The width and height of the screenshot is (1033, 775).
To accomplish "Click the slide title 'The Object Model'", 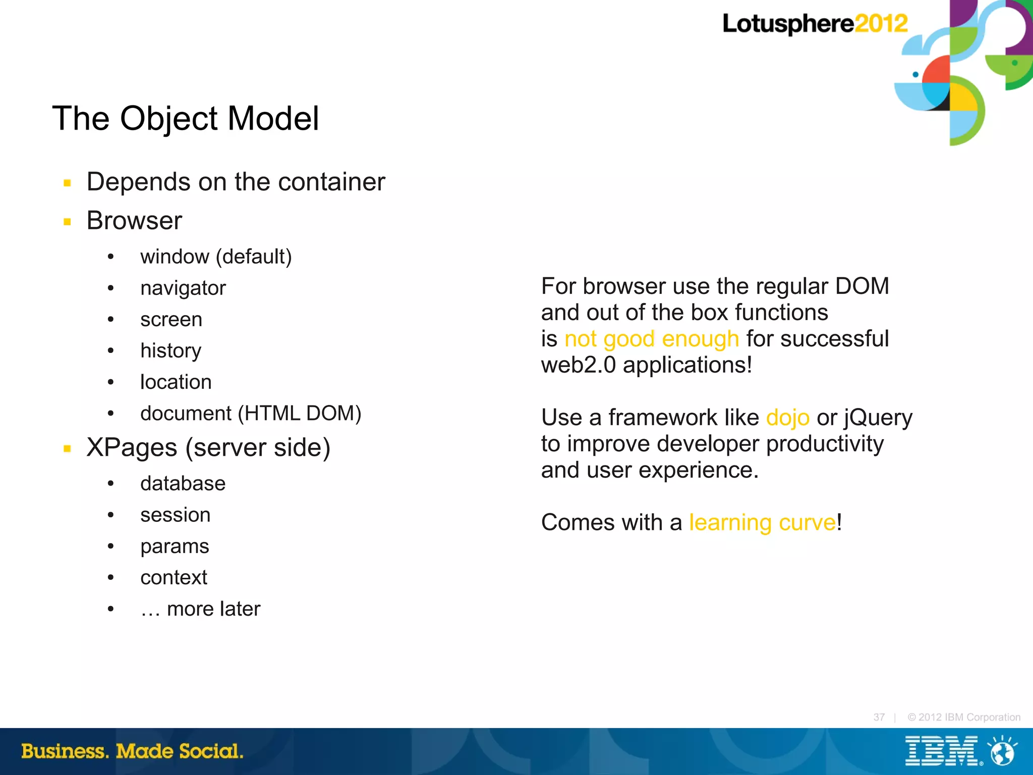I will (x=185, y=118).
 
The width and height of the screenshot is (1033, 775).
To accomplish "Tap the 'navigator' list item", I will (x=183, y=288).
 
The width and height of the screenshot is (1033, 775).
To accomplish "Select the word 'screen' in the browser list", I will (x=171, y=320).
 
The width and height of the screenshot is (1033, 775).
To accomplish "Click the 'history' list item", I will (x=170, y=351).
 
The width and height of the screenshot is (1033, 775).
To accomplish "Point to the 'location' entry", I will (x=176, y=382).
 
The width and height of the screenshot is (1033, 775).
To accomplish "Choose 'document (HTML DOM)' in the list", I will (x=251, y=413).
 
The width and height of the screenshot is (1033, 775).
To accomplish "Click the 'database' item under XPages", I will (x=183, y=484).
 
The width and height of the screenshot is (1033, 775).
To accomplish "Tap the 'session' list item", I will (x=175, y=515).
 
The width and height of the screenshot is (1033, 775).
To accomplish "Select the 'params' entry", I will (x=175, y=547).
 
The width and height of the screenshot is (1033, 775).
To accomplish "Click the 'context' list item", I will (x=174, y=578).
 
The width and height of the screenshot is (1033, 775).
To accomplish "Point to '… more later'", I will (x=200, y=609).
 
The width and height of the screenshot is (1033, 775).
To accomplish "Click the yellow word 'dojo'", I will (x=787, y=418).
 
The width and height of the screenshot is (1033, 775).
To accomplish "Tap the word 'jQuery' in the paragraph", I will (x=878, y=418).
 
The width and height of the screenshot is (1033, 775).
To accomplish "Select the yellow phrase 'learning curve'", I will (x=762, y=523).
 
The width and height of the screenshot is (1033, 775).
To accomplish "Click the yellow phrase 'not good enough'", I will (x=651, y=339).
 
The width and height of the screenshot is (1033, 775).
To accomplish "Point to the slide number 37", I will (x=879, y=717).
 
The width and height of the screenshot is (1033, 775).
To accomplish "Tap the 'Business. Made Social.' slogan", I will (x=132, y=751).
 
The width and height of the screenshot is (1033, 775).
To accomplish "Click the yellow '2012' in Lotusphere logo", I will (x=881, y=24).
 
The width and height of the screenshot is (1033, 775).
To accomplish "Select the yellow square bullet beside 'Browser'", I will (x=67, y=221).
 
